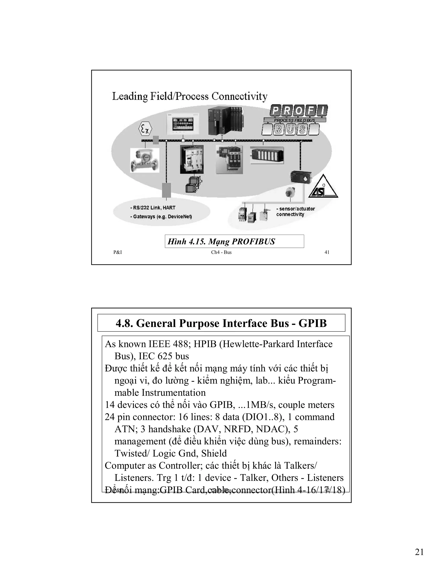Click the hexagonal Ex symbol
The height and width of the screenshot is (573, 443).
point(145,129)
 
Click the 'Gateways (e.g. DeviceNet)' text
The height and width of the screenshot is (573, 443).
point(162,217)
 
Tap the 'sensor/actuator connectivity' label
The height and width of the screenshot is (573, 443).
point(295,211)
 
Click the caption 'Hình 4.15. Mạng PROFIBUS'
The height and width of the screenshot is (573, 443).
point(221,241)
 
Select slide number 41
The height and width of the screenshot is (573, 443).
point(327,252)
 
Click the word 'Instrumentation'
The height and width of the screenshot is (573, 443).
point(173,393)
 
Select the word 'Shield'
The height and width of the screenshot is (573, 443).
point(214,453)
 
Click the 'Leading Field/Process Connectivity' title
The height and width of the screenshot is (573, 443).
point(190,96)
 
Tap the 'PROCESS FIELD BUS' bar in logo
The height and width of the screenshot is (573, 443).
point(294,120)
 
